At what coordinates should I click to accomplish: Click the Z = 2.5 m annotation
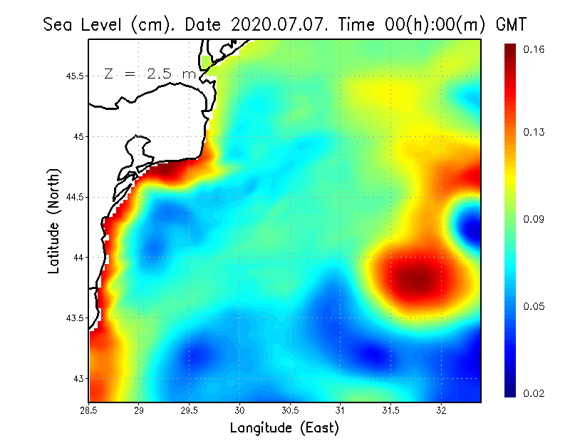click(150, 73)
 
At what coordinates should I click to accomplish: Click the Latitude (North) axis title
click(53, 220)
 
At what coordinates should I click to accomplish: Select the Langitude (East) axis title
click(284, 428)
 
